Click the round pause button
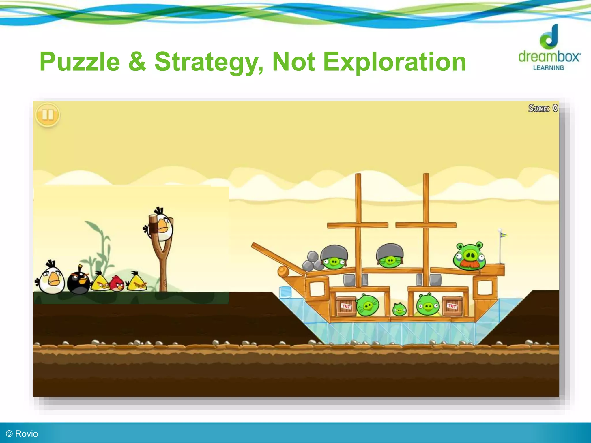(48, 115)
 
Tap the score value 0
(555, 108)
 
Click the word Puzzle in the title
(80, 62)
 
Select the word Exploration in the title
(394, 62)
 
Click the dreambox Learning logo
(549, 48)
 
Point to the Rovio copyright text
(22, 434)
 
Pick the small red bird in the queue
(117, 284)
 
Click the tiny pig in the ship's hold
(400, 309)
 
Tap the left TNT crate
(346, 306)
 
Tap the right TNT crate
(452, 306)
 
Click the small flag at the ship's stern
(503, 235)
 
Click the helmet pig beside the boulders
(334, 258)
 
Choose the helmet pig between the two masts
(390, 256)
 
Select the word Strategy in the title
(208, 62)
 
